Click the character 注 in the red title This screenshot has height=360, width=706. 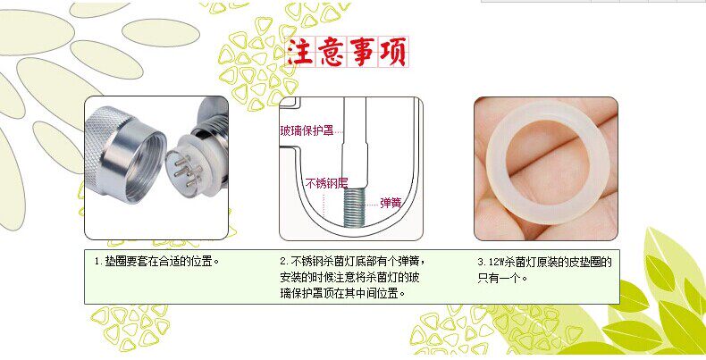pyautogui.click(x=300, y=52)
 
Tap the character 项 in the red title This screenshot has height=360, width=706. pyautogui.click(x=393, y=52)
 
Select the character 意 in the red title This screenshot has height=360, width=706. pyautogui.click(x=331, y=52)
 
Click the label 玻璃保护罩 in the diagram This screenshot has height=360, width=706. pyautogui.click(x=307, y=131)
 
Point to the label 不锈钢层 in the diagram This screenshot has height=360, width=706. pyautogui.click(x=326, y=183)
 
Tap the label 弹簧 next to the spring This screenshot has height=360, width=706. pyautogui.click(x=391, y=203)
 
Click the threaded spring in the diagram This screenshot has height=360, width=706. pyautogui.click(x=356, y=207)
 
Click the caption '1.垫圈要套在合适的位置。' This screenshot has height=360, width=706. pyautogui.click(x=156, y=262)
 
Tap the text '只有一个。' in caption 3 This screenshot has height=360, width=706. pyautogui.click(x=502, y=278)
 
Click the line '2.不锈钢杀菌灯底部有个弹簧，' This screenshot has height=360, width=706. pyautogui.click(x=352, y=261)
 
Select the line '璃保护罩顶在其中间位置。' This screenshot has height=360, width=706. pyautogui.click(x=342, y=293)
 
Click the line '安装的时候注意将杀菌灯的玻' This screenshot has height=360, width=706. pyautogui.click(x=349, y=277)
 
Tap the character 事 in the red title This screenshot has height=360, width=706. pyautogui.click(x=362, y=52)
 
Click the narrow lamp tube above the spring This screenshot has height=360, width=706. pyautogui.click(x=356, y=143)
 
